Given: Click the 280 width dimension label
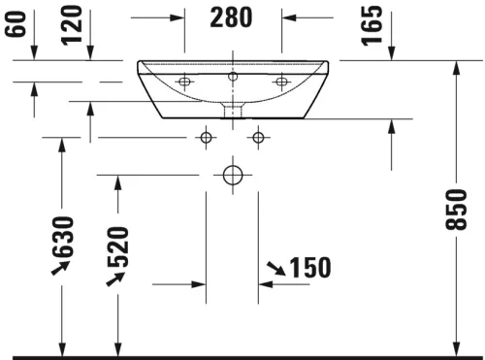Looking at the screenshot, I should (x=232, y=16).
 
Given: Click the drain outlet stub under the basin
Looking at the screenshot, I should (x=232, y=109).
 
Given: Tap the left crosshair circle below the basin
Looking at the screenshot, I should (x=205, y=137).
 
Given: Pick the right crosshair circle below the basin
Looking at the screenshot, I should (x=257, y=137).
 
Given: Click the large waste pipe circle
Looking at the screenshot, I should (x=232, y=175).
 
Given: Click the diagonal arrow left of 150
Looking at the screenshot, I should (x=275, y=268).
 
